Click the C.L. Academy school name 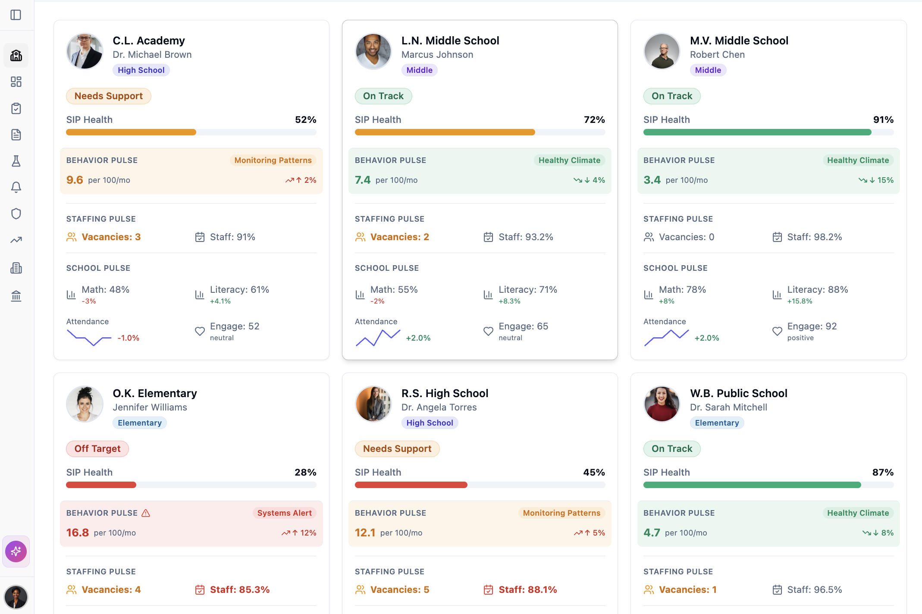pos(148,41)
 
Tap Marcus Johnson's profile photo pos(373,51)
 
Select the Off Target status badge pos(97,448)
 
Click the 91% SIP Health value pos(883,119)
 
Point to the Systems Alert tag pos(284,513)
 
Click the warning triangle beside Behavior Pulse pos(146,513)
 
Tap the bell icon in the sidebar pos(16,187)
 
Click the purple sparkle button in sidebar pos(16,551)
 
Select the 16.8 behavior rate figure pos(78,533)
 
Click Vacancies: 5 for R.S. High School pos(399,589)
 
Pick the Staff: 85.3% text pos(239,589)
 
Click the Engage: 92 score pos(812,326)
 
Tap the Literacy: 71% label pos(527,290)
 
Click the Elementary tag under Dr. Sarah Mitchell pos(716,423)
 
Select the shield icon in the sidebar pos(16,213)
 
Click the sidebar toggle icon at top pos(16,15)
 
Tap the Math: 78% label pos(682,290)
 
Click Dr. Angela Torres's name pos(439,407)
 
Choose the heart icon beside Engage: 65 pos(488,331)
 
